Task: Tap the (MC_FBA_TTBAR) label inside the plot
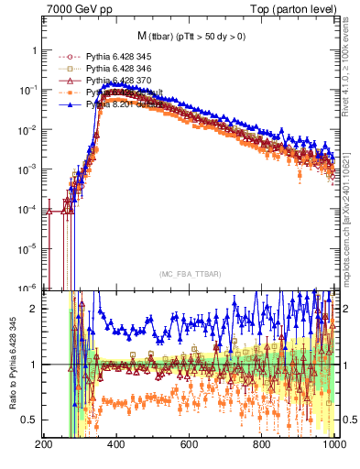pos(189,273)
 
